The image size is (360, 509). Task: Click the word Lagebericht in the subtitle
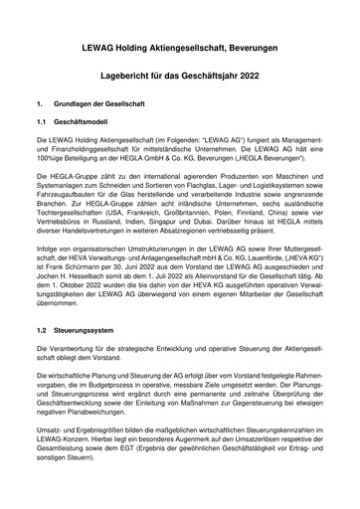click(135, 75)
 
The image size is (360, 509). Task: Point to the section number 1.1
click(43, 118)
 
